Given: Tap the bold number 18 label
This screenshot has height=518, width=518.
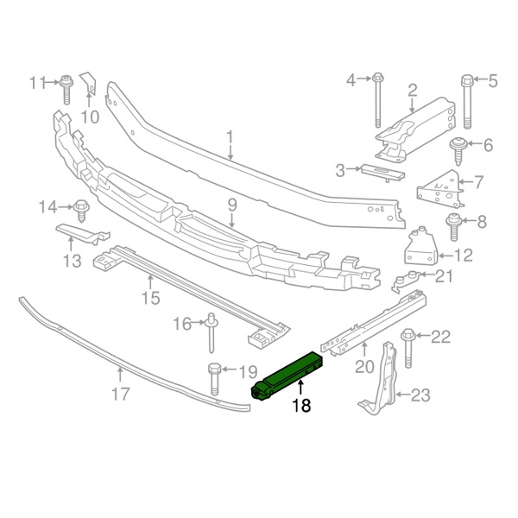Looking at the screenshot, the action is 301,405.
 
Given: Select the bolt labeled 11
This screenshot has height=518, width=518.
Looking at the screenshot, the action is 66,90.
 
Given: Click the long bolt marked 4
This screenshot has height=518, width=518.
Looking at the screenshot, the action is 378,100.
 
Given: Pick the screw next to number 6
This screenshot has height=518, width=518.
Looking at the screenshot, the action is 458,151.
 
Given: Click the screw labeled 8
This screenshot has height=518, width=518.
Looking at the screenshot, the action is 454,228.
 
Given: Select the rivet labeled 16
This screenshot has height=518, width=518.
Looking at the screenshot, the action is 212,332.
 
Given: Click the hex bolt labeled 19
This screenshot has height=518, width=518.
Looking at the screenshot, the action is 214,379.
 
